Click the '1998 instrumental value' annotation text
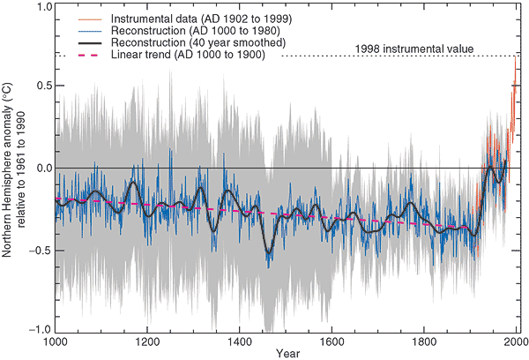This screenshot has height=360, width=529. click(414, 49)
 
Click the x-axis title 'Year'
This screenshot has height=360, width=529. click(286, 353)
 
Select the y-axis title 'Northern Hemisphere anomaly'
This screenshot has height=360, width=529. click(8, 168)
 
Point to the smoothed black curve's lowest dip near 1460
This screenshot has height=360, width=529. click(269, 253)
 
